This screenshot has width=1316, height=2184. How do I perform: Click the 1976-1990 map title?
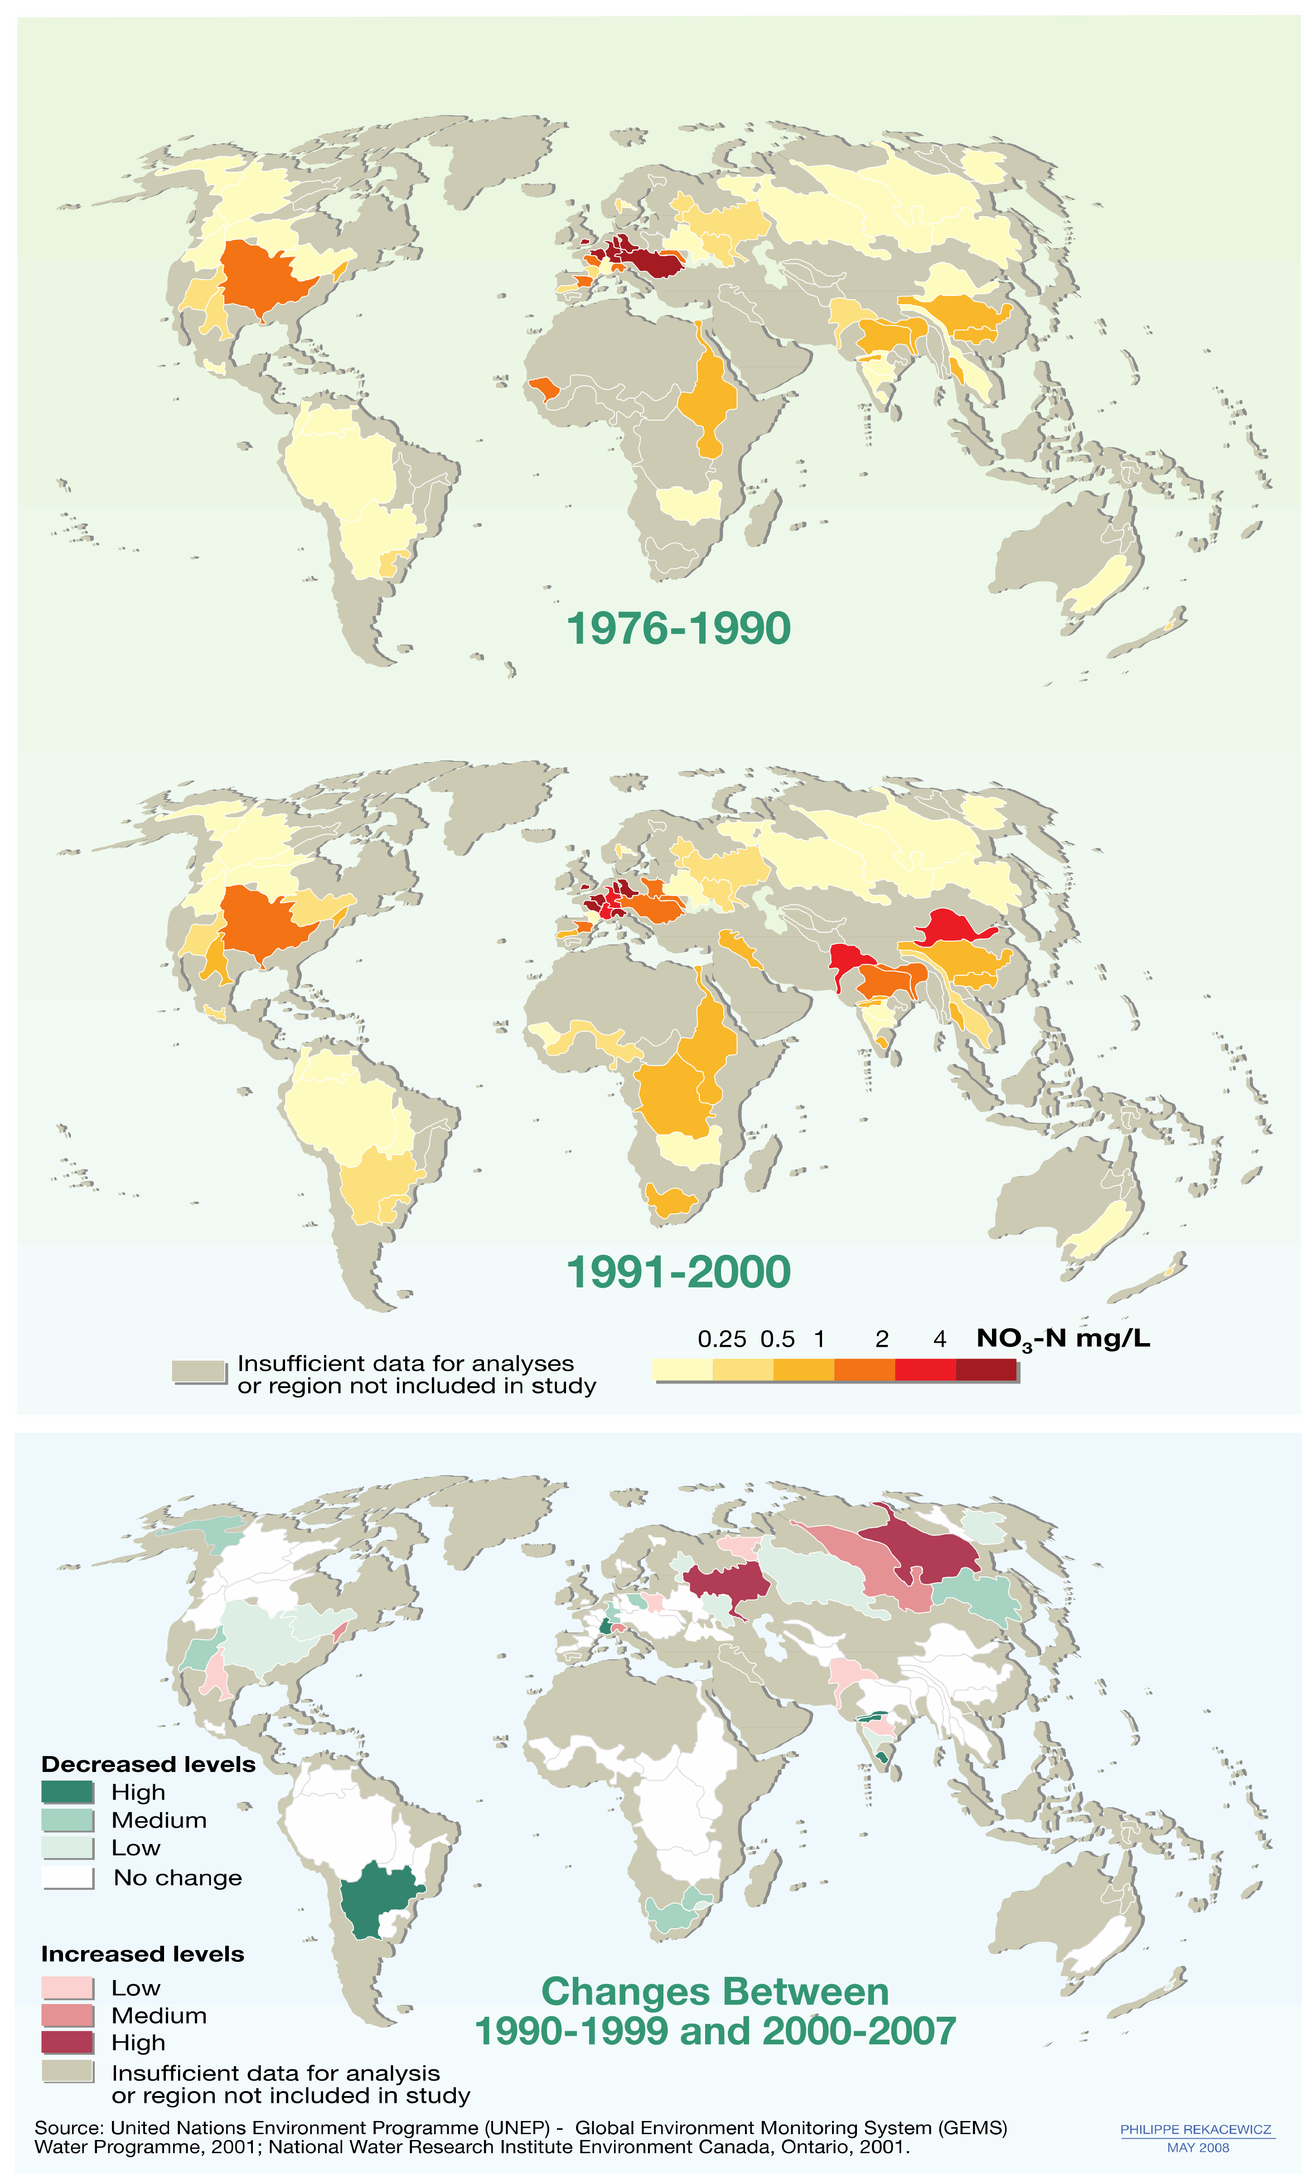(678, 628)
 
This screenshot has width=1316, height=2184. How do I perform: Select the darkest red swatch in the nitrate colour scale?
(986, 1369)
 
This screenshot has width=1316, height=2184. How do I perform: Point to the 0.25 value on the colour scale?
(721, 1340)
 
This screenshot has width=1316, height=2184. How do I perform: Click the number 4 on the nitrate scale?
(939, 1340)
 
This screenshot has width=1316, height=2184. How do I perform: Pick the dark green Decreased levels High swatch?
(68, 1792)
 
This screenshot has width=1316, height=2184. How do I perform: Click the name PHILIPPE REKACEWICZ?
(1195, 2129)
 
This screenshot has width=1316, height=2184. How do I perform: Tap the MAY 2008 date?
(1197, 2148)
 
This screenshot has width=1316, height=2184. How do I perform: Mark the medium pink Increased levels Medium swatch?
(68, 2015)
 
